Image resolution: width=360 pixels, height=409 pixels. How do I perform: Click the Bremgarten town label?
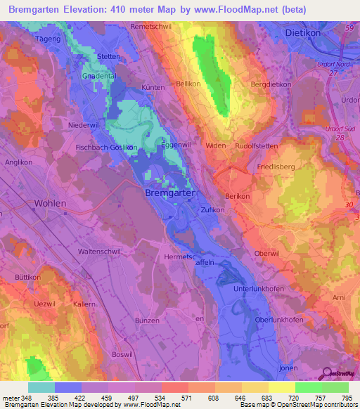click(169, 192)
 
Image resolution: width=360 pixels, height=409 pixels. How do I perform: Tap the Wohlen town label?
click(50, 203)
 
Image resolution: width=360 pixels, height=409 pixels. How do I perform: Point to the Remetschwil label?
click(151, 26)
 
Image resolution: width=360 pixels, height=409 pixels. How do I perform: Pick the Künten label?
click(153, 88)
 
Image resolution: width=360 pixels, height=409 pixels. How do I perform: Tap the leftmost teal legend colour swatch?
click(41, 387)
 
